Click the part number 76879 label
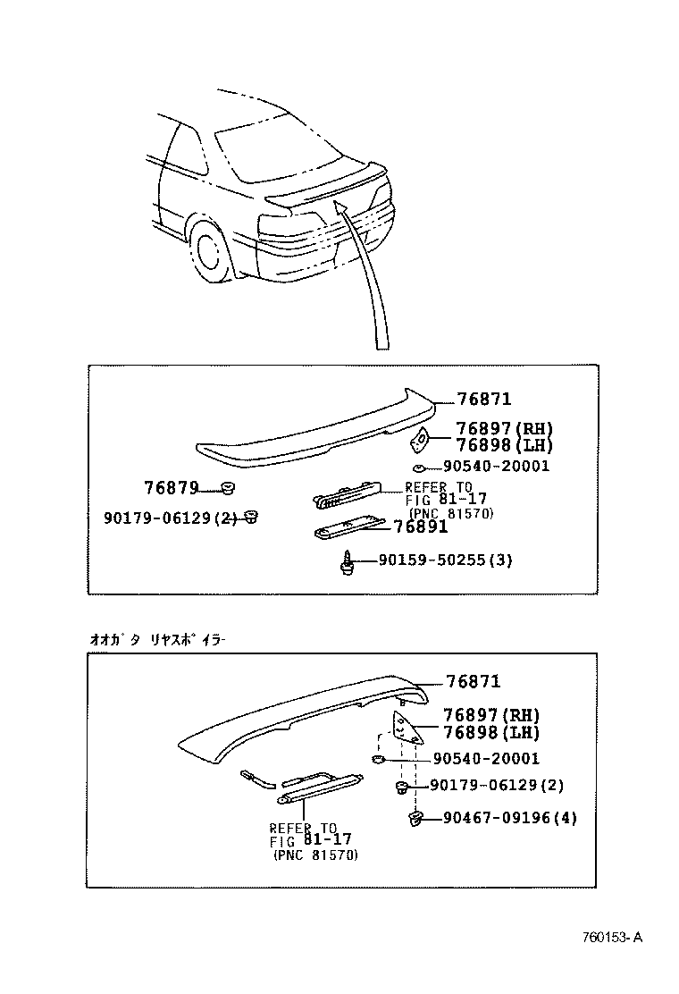pos(171,488)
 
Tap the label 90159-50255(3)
pos(445,560)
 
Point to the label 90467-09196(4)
pos(508,818)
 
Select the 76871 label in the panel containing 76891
pos(483,400)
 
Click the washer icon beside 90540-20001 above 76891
pos(418,468)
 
